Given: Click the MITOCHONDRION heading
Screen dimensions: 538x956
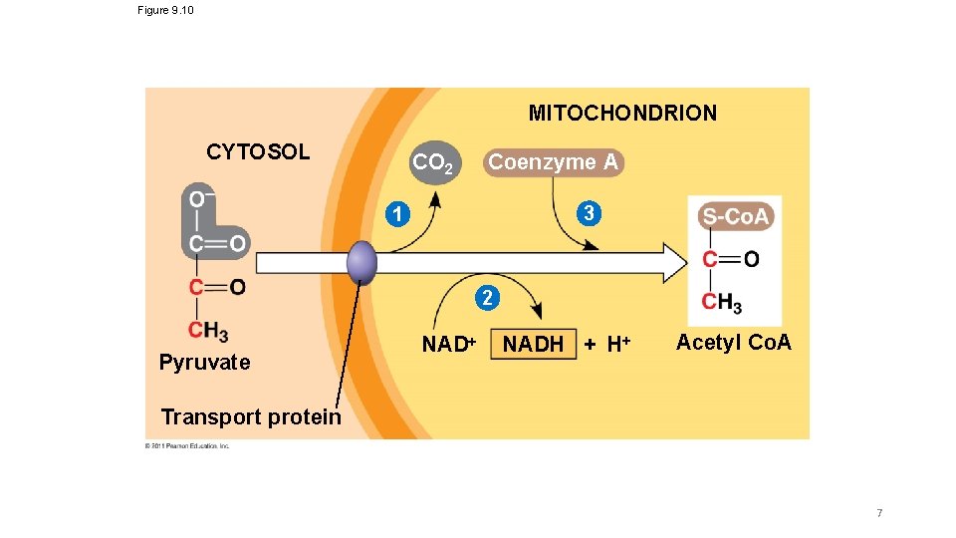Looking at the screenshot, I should click(621, 113).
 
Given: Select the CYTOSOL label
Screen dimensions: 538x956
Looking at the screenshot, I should click(258, 152).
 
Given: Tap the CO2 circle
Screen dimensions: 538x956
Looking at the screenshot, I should click(433, 162).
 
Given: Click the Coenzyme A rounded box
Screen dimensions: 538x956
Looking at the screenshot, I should click(554, 161).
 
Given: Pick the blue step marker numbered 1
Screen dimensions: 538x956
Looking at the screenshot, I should click(397, 213).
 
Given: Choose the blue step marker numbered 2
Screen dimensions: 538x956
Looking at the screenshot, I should click(485, 297).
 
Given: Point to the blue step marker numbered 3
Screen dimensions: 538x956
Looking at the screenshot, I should click(590, 213).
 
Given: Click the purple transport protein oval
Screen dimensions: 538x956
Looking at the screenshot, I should click(361, 263).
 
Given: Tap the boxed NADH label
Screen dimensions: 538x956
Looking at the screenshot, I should click(534, 345).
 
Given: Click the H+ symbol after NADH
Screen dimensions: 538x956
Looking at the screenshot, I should click(618, 345).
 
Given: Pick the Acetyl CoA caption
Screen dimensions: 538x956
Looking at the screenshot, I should click(733, 343).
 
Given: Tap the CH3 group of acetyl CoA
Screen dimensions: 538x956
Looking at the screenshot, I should click(721, 302).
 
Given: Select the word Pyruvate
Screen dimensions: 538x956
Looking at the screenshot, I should click(204, 363).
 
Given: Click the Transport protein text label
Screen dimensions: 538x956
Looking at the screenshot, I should click(250, 416).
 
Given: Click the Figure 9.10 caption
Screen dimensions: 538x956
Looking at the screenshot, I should click(165, 10).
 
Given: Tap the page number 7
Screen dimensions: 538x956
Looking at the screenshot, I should click(879, 513).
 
